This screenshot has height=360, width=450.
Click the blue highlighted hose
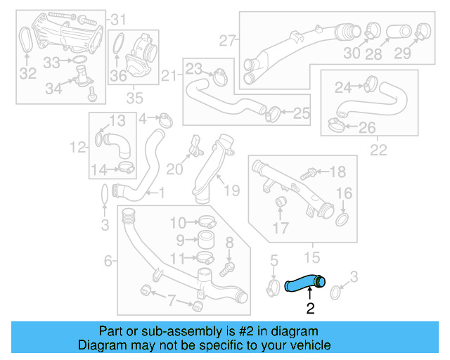pyautogui.click(x=304, y=283)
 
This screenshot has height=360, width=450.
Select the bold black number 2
pyautogui.click(x=310, y=309)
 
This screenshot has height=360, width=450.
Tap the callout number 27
pyautogui.click(x=227, y=41)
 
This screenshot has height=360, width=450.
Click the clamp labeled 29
pyautogui.click(x=423, y=31)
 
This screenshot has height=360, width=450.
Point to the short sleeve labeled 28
pyautogui.click(x=399, y=32)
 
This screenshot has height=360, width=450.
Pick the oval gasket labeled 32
pyautogui.click(x=25, y=39)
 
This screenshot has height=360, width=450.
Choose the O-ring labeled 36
pyautogui.click(x=118, y=44)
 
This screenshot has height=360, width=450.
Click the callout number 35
pyautogui.click(x=134, y=98)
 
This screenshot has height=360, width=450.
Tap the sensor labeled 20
pyautogui.click(x=196, y=146)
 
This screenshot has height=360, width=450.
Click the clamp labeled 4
pyautogui.click(x=166, y=120)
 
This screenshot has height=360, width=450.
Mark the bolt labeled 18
pyautogui.click(x=308, y=174)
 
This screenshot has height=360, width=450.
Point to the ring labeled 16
pyautogui.click(x=342, y=219)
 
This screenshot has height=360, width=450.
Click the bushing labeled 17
pyautogui.click(x=281, y=202)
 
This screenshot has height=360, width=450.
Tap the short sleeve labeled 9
pyautogui.click(x=206, y=240)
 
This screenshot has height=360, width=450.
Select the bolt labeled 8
pyautogui.click(x=227, y=269)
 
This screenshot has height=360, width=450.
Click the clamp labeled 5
pyautogui.click(x=273, y=288)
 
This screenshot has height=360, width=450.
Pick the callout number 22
pyautogui.click(x=378, y=150)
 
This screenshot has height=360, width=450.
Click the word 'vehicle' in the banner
pyautogui.click(x=314, y=345)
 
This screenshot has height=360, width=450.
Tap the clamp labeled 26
pyautogui.click(x=336, y=124)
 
